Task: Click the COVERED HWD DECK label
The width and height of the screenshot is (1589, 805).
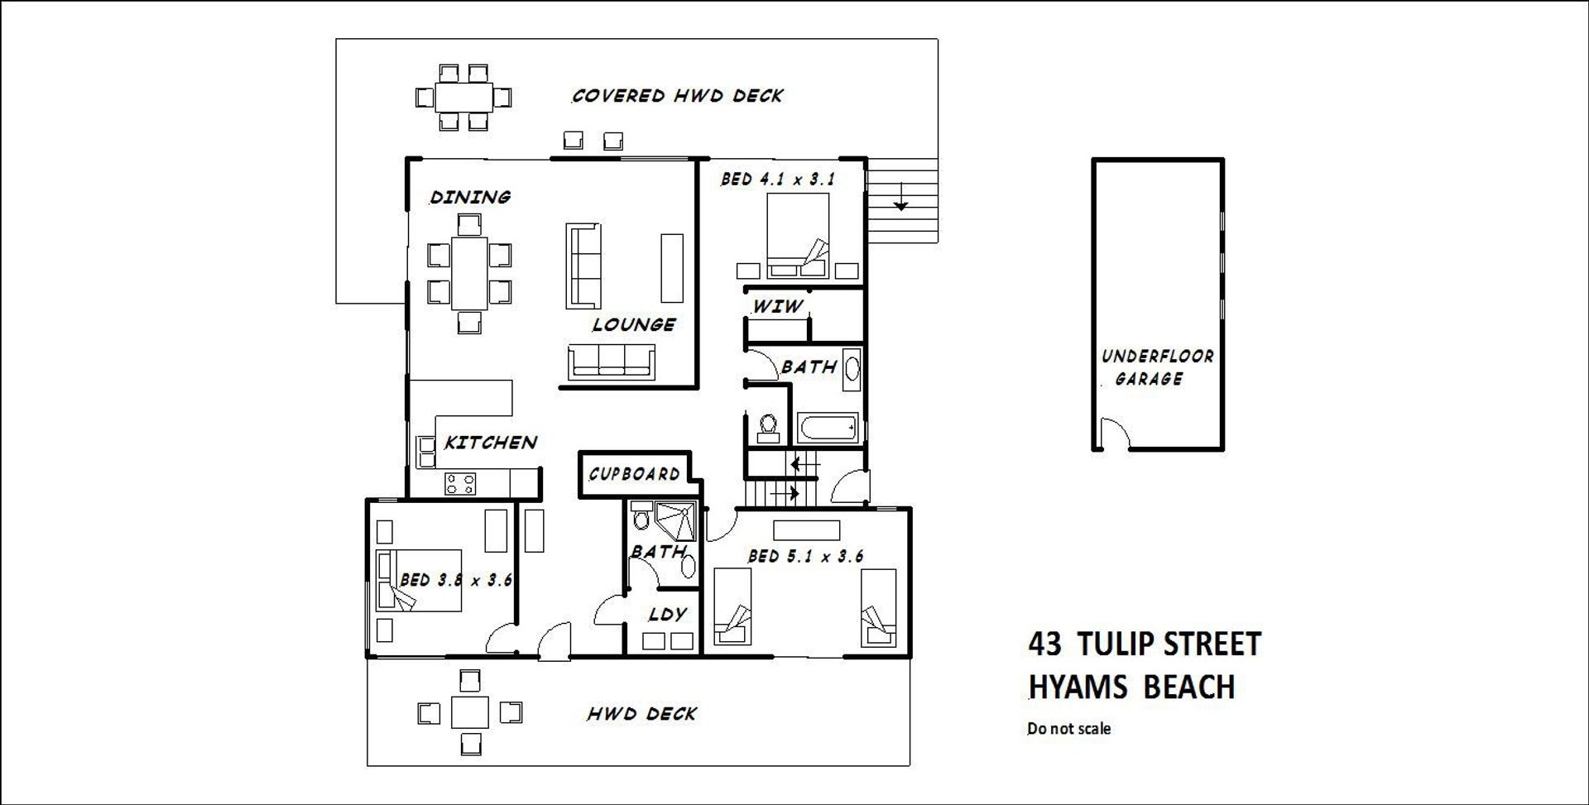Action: (677, 96)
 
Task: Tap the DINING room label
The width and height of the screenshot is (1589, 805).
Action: (470, 197)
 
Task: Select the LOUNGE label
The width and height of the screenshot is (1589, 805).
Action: (634, 324)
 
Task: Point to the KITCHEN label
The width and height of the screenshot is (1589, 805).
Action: (491, 443)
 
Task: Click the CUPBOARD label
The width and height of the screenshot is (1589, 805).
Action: (634, 474)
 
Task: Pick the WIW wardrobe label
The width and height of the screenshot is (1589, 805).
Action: (777, 306)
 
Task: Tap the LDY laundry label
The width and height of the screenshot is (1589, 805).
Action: (667, 614)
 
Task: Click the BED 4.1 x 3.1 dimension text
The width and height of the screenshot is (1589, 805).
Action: (777, 179)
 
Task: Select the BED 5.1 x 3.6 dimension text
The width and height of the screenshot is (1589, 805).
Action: (805, 556)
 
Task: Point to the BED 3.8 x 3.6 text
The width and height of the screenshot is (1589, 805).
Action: (456, 580)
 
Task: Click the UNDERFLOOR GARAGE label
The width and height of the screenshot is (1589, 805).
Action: (1156, 367)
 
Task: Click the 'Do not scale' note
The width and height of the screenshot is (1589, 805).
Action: (1068, 729)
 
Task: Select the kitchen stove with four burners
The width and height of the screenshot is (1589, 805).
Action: (460, 483)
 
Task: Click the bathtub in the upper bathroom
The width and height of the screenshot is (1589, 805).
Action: (828, 429)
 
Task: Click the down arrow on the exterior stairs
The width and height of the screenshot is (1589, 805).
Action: (900, 199)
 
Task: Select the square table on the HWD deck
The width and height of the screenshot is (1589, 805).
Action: (469, 712)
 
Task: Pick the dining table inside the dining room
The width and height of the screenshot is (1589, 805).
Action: (469, 273)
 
